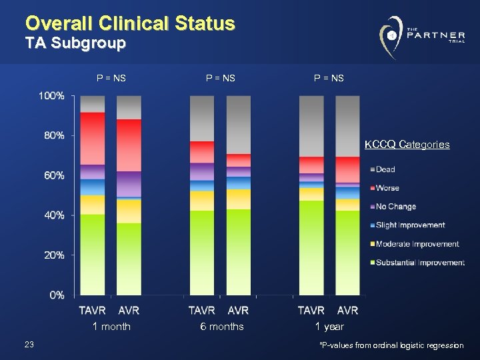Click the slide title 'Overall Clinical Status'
(130, 23)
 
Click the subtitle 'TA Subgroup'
(75, 44)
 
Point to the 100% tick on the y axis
(51, 96)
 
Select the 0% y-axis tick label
(56, 295)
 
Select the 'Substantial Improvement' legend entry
(419, 263)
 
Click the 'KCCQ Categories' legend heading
(407, 145)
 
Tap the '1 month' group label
(111, 327)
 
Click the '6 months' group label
(222, 327)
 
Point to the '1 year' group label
(329, 327)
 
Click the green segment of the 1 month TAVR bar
(93, 253)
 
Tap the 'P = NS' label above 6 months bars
(221, 78)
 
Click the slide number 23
(29, 344)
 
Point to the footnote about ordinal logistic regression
(391, 345)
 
